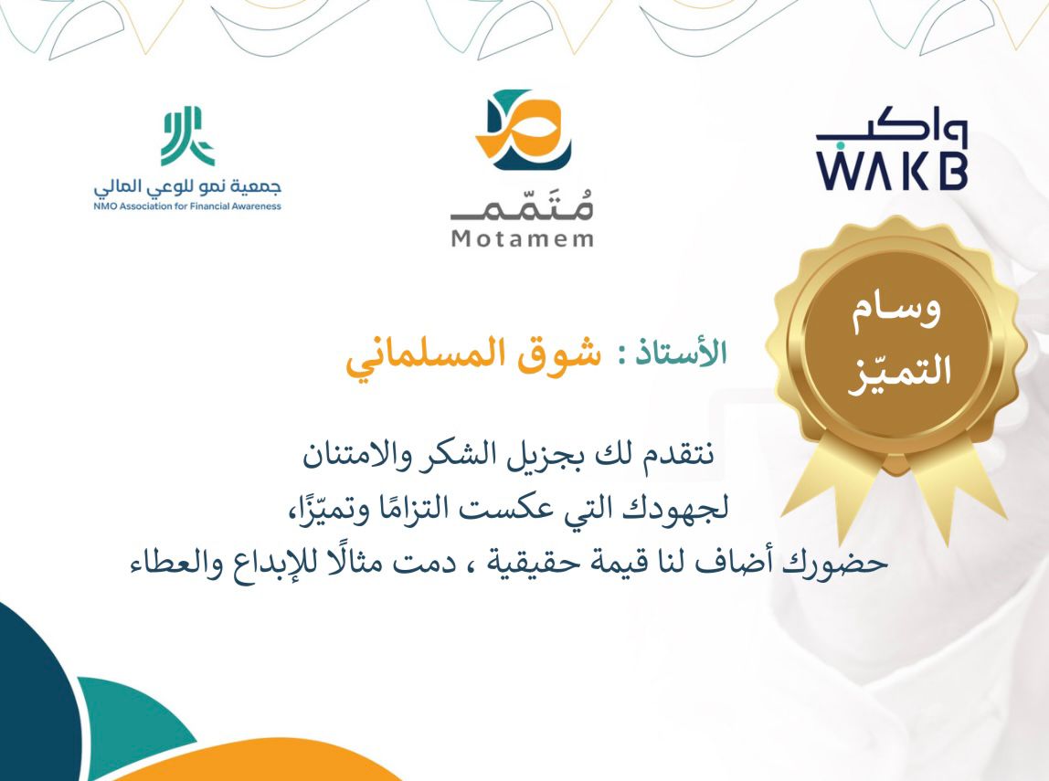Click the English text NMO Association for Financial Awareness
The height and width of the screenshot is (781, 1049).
point(187,206)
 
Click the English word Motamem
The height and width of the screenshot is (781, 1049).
point(523,239)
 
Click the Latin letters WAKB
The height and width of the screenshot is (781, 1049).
point(891,172)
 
